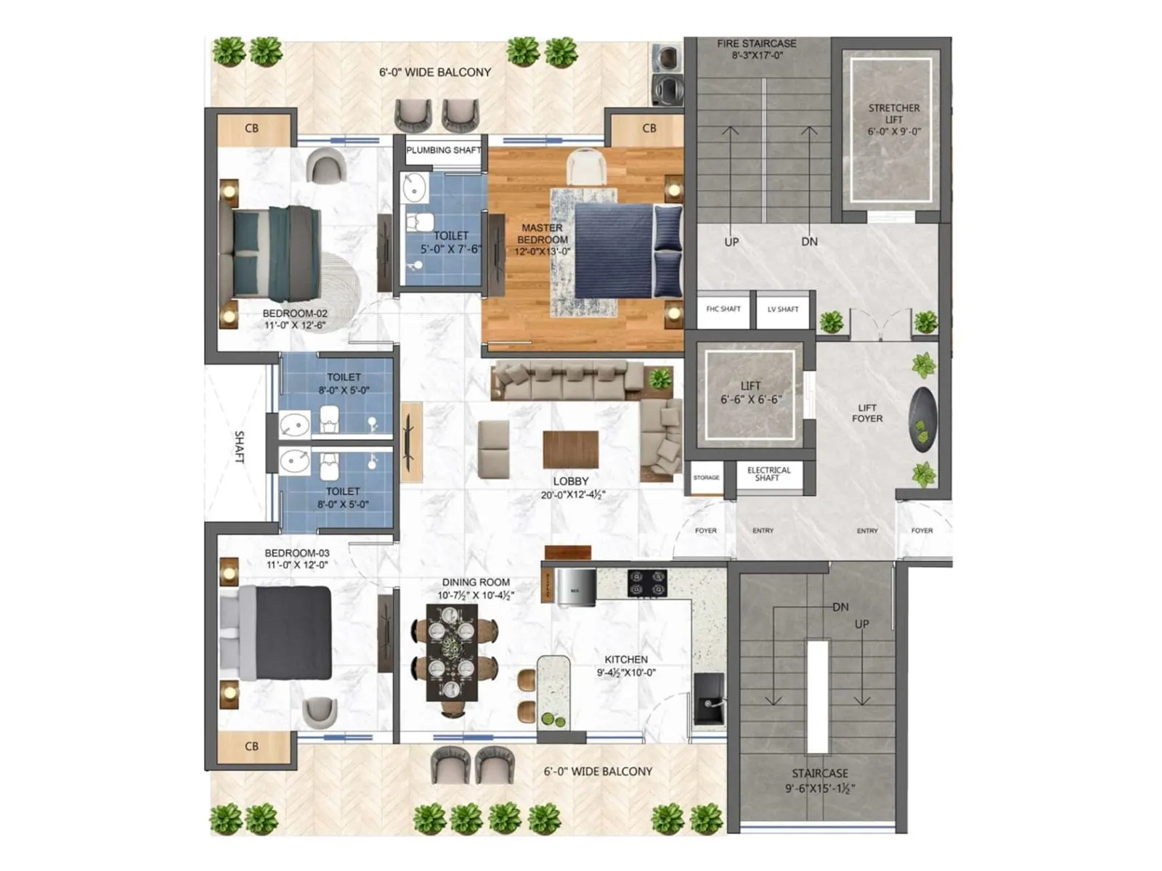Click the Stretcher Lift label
[x=894, y=120]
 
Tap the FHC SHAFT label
[x=723, y=309]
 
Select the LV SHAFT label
[x=783, y=309]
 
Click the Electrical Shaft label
[x=768, y=474]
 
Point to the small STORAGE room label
[x=706, y=478]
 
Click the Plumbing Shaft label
[x=443, y=150]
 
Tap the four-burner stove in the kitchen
[x=647, y=582]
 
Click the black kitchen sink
[x=708, y=698]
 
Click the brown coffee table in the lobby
[x=571, y=449]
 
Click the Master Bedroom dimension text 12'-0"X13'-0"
[x=543, y=252]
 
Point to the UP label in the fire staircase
[x=731, y=242]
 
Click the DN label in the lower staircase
[x=840, y=607]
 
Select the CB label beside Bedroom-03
[x=251, y=746]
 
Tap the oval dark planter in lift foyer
[x=922, y=420]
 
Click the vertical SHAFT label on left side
[x=240, y=447]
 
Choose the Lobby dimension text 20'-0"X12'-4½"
[x=572, y=495]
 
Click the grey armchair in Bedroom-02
[x=325, y=165]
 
